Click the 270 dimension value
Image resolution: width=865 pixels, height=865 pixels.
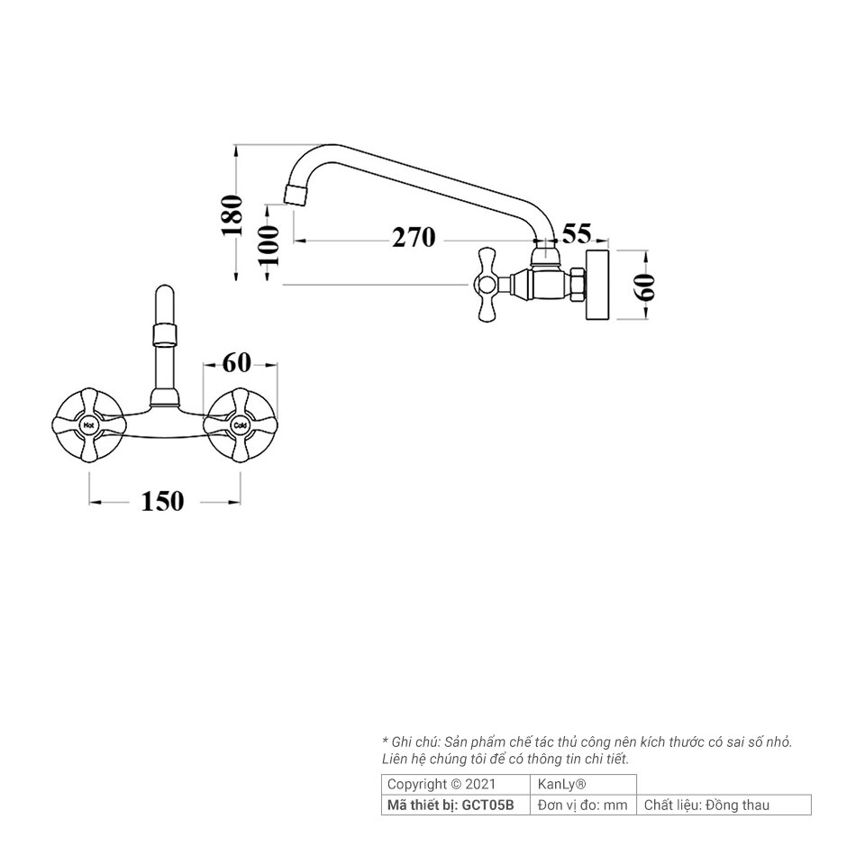[x=414, y=238]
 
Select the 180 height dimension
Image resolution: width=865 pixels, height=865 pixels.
[x=232, y=215]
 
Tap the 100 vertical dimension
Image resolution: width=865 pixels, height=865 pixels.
[x=269, y=245]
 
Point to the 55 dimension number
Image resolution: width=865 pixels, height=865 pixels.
[x=577, y=233]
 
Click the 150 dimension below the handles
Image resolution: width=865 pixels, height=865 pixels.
[x=162, y=502]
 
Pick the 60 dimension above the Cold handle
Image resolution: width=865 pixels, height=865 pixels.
[x=237, y=363]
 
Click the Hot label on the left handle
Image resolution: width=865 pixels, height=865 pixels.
[x=88, y=426]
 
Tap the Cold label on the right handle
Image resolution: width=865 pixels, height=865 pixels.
[x=240, y=426]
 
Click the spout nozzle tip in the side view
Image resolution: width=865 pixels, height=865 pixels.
[x=296, y=196]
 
